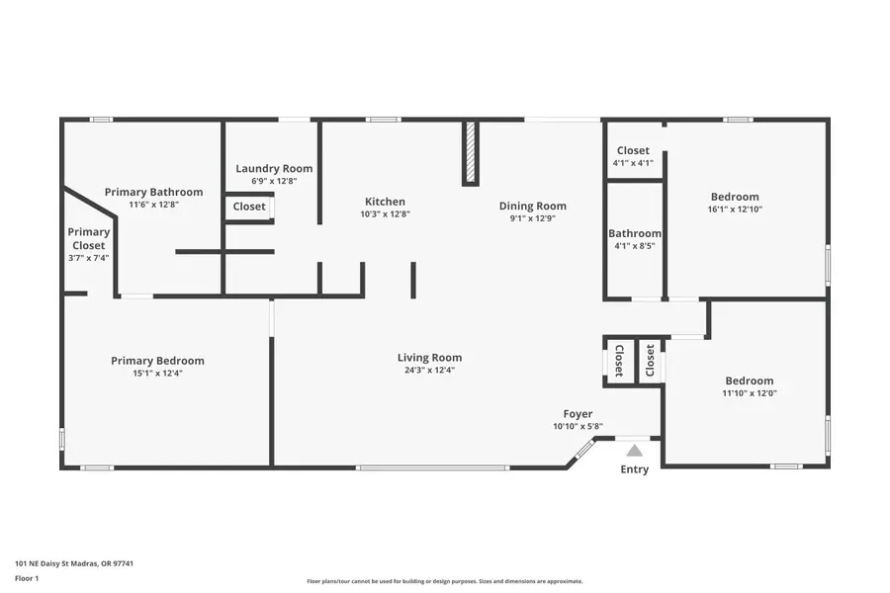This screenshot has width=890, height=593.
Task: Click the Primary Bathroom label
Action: point(153,192)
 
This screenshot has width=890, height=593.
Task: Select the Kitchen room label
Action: point(385,202)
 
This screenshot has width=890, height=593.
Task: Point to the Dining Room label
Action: point(532,206)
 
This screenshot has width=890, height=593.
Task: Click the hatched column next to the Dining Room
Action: point(471,152)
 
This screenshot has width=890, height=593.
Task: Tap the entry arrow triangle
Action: point(634,451)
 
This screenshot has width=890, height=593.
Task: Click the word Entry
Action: point(634,469)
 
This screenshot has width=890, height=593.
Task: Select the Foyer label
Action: point(578,414)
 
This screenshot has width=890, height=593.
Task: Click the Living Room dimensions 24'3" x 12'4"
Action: point(429,370)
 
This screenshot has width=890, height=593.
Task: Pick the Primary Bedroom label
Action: point(157,361)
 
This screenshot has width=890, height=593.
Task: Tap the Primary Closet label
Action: point(88,238)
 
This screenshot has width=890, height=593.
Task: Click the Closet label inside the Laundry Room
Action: point(249,207)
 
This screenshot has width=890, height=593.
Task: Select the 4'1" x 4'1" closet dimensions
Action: point(633,163)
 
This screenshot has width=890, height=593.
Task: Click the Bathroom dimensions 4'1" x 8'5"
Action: point(634,246)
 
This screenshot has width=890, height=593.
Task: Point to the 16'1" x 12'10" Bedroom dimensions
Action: point(734,210)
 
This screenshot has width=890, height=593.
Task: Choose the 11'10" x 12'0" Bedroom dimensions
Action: point(749,393)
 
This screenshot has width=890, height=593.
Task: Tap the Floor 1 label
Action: point(27,577)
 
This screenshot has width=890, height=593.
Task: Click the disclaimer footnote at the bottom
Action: point(444,581)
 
